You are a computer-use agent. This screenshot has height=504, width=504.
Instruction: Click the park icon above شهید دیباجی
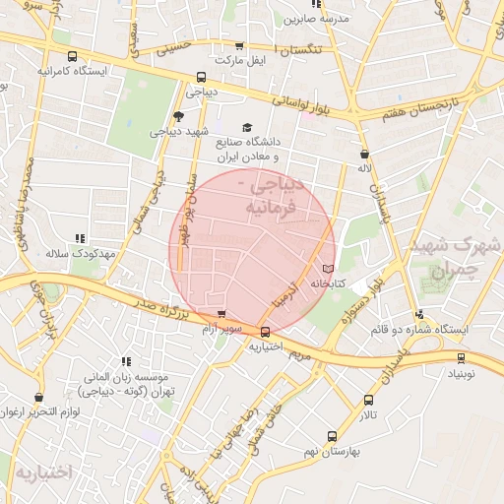click(178, 115)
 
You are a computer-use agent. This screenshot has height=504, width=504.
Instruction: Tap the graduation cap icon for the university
click(247, 127)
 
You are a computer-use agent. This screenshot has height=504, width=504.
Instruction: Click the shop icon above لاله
click(365, 154)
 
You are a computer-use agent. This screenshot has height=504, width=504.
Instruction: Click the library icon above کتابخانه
click(328, 268)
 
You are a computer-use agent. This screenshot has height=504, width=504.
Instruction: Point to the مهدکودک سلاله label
click(80, 253)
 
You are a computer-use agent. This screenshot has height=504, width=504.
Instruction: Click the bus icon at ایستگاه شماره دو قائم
click(421, 316)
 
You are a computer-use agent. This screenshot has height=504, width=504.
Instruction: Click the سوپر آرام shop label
click(220, 327)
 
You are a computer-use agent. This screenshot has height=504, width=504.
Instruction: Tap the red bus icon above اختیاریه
click(266, 332)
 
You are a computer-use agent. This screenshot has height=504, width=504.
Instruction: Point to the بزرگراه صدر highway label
click(149, 313)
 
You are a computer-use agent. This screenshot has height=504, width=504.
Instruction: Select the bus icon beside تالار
click(368, 400)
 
